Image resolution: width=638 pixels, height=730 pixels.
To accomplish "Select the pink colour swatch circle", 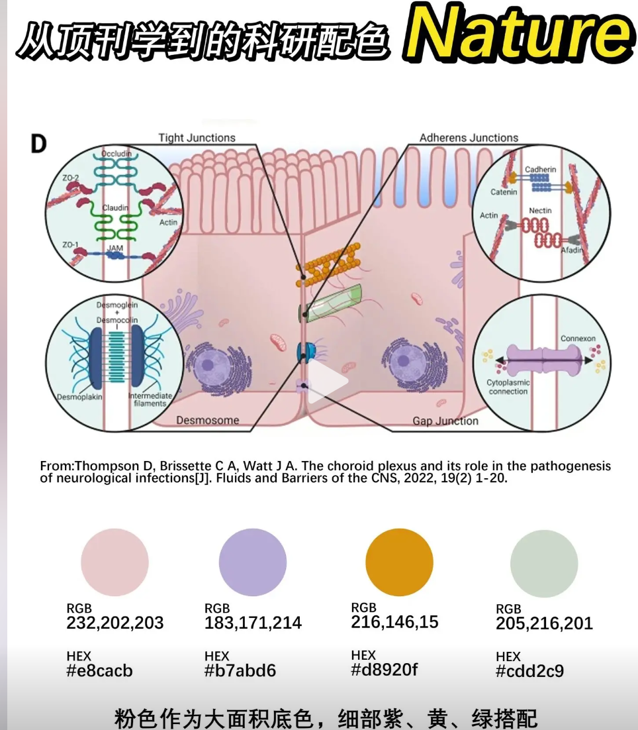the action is (x=114, y=562).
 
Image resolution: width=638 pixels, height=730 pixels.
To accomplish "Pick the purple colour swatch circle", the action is (x=252, y=562).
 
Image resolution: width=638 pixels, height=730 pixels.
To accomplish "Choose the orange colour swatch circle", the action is (x=399, y=562).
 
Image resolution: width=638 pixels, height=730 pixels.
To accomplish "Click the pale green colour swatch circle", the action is (x=544, y=564).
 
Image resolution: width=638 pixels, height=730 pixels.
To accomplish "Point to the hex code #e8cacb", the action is (x=99, y=670).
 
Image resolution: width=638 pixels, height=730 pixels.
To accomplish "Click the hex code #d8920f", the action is (x=385, y=670).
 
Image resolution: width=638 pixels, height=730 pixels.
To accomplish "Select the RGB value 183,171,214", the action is (x=253, y=623).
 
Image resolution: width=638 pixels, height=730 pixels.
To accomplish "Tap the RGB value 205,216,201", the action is (x=544, y=623).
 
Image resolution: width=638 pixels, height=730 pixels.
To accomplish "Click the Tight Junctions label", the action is (x=197, y=138).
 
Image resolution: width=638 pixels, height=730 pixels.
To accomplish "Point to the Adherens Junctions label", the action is (x=469, y=138).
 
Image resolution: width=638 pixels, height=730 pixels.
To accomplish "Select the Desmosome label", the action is (x=207, y=420).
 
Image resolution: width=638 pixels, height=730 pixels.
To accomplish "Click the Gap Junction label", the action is (x=445, y=421).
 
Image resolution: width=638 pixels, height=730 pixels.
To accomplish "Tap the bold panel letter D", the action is (x=38, y=144).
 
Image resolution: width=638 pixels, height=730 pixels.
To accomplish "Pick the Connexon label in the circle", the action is (x=578, y=339).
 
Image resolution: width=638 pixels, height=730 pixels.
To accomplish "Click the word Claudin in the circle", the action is (x=115, y=208).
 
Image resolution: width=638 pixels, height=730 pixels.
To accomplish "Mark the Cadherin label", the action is (x=541, y=170).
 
